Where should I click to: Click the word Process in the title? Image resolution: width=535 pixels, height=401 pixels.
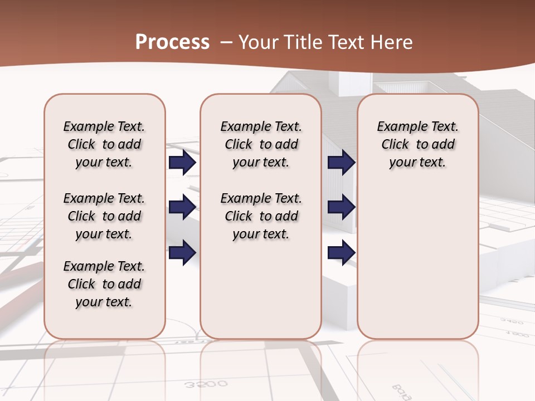point(172,42)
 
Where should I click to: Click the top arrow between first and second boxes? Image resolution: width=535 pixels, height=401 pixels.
point(182,163)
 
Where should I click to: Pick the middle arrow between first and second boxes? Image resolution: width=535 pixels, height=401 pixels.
point(182,207)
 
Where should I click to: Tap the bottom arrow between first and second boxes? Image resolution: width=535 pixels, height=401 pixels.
point(182,252)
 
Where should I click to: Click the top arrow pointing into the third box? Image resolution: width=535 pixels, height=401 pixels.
point(342,163)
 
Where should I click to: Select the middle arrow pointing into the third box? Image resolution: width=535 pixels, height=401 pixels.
point(342,207)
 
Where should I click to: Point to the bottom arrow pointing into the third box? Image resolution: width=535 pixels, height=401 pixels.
point(342,252)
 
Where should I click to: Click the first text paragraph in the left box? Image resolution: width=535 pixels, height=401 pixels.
point(104,144)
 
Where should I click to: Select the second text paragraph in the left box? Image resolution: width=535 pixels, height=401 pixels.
point(104,216)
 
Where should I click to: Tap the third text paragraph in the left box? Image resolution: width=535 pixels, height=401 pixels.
point(104,284)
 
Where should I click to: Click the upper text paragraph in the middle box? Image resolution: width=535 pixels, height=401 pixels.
point(261,144)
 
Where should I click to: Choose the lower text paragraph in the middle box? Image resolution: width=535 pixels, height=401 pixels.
point(261,216)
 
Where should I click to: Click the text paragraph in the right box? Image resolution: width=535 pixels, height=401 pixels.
point(417,144)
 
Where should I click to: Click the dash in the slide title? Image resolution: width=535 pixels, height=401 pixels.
point(226,42)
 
